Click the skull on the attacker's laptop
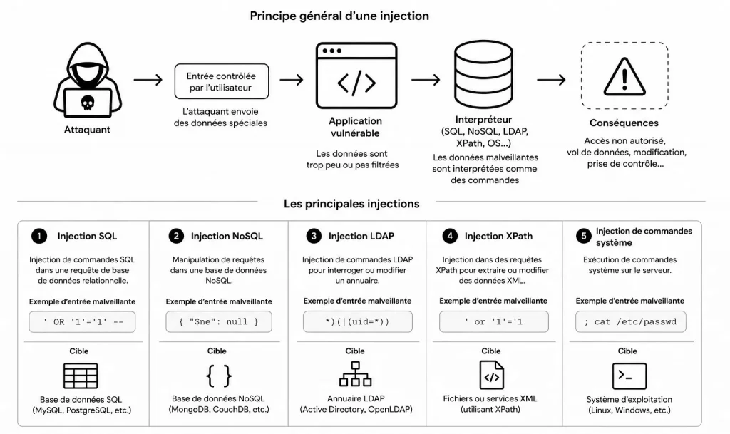[x=88, y=103]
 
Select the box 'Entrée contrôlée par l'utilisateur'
[x=222, y=81]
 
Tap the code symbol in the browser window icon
[x=356, y=83]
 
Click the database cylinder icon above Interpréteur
[x=484, y=74]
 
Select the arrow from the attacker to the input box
[x=148, y=80]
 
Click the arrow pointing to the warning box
[x=551, y=80]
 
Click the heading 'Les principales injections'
[x=351, y=204]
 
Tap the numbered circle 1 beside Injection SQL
[x=39, y=237]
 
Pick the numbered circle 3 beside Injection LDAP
[x=314, y=237]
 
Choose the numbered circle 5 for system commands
[x=584, y=237]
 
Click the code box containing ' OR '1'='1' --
[x=83, y=322]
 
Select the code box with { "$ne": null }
[x=219, y=322]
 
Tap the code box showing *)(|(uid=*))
[x=358, y=321]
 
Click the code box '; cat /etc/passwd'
[x=631, y=321]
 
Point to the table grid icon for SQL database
[x=81, y=376]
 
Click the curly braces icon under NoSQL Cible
[x=219, y=376]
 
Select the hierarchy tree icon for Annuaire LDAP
[x=356, y=374]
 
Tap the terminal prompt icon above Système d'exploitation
[x=629, y=376]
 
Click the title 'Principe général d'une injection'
[x=339, y=16]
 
